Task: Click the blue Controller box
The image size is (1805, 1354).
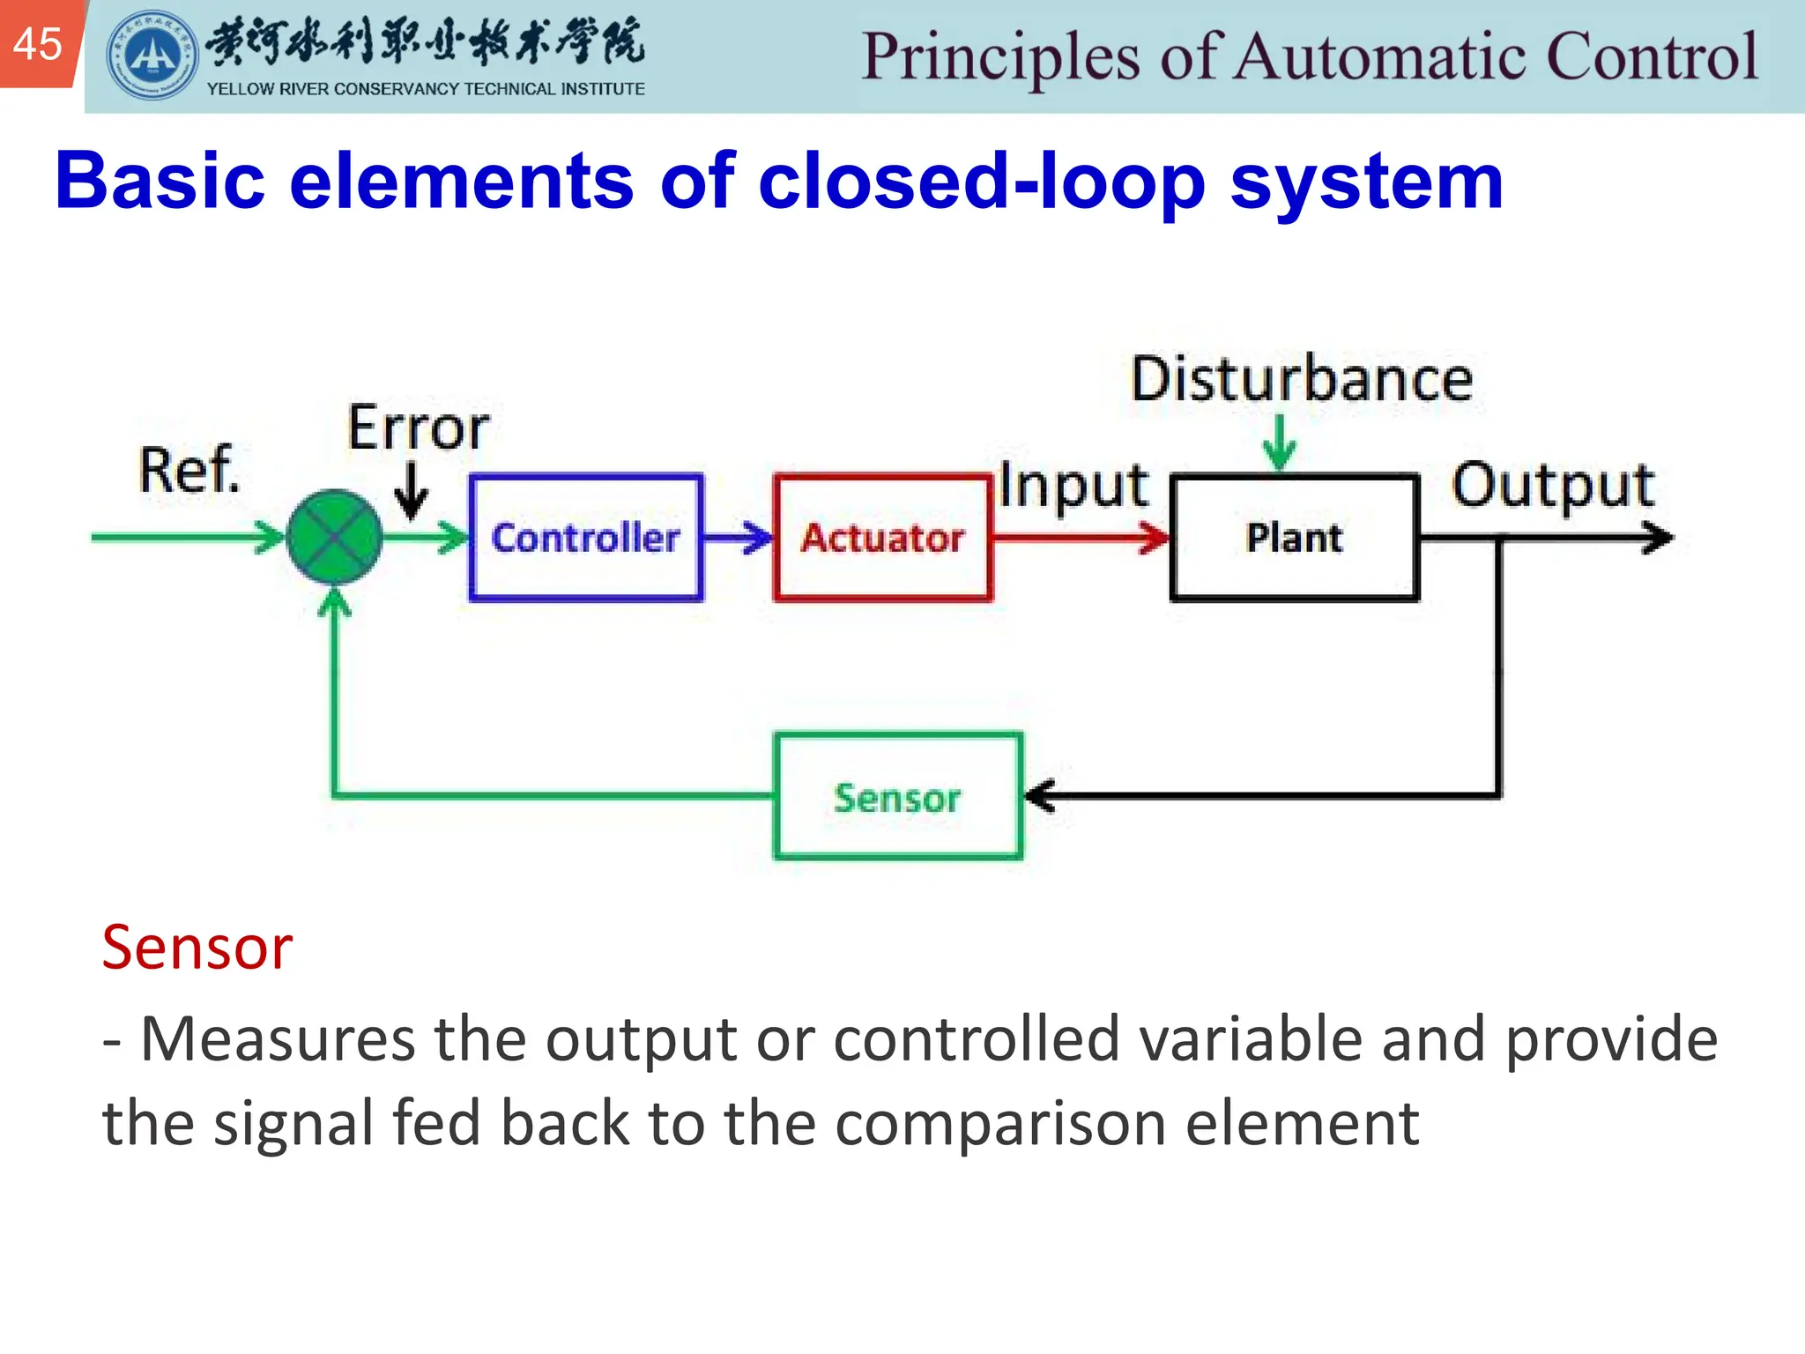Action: (586, 538)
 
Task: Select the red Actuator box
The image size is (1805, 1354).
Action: (882, 538)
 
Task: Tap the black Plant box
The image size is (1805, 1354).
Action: (1294, 538)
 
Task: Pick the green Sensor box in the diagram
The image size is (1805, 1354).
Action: (897, 797)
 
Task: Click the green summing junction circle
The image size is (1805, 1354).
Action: (334, 537)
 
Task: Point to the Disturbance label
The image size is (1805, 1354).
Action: (1302, 380)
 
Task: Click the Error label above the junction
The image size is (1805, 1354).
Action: (418, 428)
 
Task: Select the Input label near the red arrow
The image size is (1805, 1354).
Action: (1073, 486)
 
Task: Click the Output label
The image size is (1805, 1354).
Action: (1553, 486)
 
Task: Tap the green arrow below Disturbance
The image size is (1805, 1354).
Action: (1279, 443)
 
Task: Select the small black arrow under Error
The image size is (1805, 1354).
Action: (411, 492)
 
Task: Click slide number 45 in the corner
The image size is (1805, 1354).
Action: (38, 43)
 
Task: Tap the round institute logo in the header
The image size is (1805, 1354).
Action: (152, 56)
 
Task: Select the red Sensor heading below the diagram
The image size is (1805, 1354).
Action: (197, 948)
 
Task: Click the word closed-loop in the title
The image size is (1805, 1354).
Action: (981, 181)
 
